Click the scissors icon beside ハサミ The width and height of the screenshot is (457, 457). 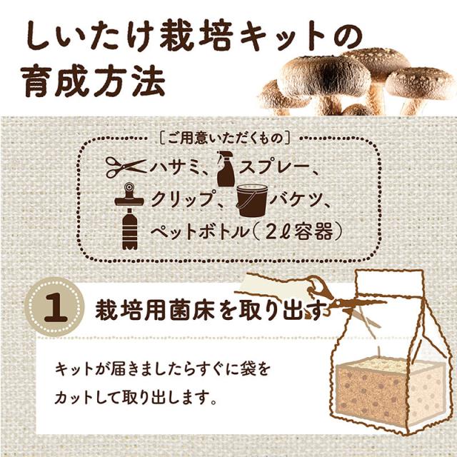tap(126, 167)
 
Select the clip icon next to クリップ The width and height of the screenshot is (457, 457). tap(129, 195)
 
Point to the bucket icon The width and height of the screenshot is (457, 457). tap(252, 201)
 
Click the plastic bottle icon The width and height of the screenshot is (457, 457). tap(130, 229)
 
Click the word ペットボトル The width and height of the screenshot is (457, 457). tap(200, 232)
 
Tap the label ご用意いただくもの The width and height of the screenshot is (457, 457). tap(225, 139)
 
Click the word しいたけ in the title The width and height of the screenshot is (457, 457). tap(88, 38)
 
